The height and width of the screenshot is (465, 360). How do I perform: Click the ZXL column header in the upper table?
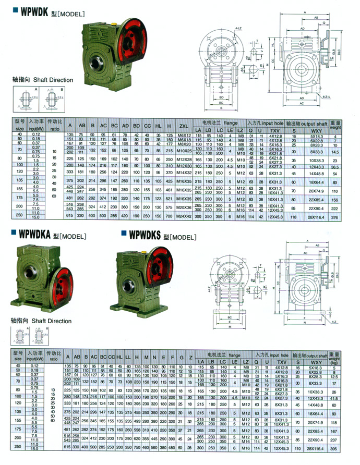(183, 126)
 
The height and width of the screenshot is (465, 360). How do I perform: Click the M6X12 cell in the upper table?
(183, 135)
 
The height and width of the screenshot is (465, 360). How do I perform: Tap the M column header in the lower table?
(147, 358)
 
